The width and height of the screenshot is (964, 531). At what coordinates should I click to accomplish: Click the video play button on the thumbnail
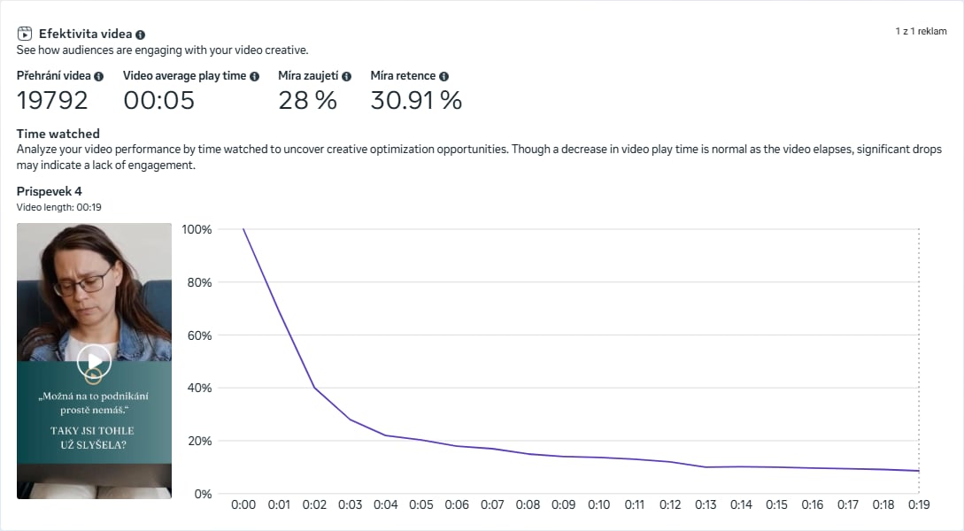point(94,360)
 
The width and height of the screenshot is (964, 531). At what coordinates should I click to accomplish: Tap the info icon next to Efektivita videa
point(141,35)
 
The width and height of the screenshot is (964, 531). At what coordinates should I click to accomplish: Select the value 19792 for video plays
point(52,100)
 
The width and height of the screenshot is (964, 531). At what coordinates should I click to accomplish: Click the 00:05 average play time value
point(158,100)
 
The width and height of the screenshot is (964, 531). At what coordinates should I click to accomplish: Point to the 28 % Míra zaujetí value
point(307,100)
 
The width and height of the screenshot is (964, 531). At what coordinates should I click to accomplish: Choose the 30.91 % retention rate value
point(416,100)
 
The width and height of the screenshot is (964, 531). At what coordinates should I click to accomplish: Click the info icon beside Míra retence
point(443,77)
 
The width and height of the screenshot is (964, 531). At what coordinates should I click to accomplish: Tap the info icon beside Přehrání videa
point(98,77)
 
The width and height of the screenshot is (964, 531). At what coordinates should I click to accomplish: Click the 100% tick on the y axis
point(197,229)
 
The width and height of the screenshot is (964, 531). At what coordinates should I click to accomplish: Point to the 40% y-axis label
point(199,388)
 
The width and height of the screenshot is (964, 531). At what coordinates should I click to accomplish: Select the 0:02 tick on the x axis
point(314,504)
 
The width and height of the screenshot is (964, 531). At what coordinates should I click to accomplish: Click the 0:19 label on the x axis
point(919,504)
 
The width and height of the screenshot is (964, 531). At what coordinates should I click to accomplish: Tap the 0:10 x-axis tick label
point(598,504)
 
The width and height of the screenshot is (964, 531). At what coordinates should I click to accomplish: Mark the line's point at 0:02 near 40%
point(314,388)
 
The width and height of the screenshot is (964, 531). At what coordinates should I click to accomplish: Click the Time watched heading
point(58,134)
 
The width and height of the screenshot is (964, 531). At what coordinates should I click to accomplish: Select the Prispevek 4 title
point(49,191)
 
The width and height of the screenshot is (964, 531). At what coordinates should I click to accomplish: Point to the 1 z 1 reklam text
point(921,31)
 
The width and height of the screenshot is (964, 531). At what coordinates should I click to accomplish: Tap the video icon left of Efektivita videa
point(25,34)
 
